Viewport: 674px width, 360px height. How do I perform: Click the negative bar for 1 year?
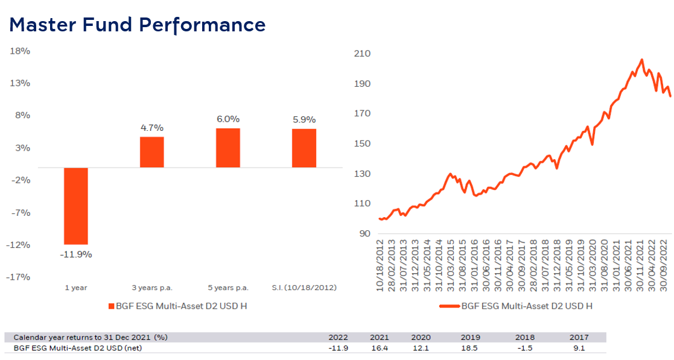(x=76, y=206)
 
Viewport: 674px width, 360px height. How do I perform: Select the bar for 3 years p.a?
(x=151, y=152)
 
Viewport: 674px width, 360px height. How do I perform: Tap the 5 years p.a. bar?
(x=228, y=148)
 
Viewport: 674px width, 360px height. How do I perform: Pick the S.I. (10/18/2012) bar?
(x=304, y=148)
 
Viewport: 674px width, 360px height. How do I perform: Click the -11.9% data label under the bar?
(x=76, y=254)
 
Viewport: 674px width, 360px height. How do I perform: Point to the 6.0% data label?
(x=228, y=119)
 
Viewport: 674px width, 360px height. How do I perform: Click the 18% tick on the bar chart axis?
(x=20, y=51)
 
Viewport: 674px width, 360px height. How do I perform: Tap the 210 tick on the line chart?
(x=362, y=54)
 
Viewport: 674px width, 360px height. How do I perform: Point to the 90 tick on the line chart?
(x=364, y=234)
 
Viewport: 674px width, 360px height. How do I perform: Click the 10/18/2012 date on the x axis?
(x=381, y=265)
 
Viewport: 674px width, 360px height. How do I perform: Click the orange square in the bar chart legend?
(x=110, y=306)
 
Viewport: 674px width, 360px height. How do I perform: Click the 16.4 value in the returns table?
(x=379, y=348)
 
